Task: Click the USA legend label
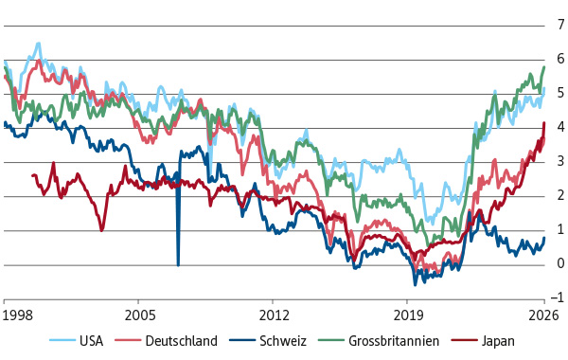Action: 91,341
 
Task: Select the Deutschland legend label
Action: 181,341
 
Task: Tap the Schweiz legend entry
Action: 283,341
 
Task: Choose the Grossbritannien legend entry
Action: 394,341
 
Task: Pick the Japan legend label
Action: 498,341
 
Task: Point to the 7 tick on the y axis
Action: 560,25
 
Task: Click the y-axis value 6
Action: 560,59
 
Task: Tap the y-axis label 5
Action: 560,93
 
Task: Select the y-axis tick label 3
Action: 560,161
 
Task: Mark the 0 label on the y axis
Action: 560,263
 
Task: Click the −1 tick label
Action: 558,297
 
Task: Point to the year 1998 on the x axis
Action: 17,315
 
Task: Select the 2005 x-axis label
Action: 140,315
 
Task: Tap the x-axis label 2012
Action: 275,315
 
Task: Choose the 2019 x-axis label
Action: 408,315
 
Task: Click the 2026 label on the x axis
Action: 543,315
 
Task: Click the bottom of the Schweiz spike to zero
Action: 178,265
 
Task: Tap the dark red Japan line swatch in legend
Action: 465,340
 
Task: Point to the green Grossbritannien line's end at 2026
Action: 544,67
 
